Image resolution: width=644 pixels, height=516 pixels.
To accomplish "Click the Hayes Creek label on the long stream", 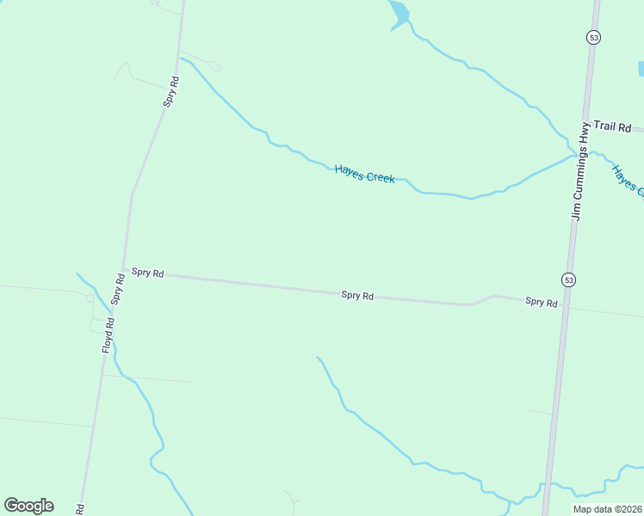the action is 364,175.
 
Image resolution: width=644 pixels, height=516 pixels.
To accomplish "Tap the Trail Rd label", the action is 612,127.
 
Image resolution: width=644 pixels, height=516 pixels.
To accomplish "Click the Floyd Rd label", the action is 108,335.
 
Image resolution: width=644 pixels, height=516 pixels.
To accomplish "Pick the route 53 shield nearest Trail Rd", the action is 593,37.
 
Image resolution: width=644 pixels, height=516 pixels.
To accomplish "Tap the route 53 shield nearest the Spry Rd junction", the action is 568,279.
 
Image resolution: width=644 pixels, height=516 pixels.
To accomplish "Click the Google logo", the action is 28,506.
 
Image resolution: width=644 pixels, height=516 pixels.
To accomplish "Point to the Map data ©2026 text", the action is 608,509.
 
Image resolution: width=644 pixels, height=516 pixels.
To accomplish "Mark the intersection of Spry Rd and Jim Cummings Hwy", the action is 565,307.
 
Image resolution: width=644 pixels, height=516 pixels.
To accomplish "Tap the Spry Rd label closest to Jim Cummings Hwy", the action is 541,302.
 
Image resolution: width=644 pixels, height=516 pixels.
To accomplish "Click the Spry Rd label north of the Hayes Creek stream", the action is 172,91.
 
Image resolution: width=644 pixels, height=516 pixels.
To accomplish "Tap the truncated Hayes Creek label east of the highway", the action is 627,180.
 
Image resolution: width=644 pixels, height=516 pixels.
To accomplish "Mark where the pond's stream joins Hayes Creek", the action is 574,155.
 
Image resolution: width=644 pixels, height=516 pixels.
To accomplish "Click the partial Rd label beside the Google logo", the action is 81,509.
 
